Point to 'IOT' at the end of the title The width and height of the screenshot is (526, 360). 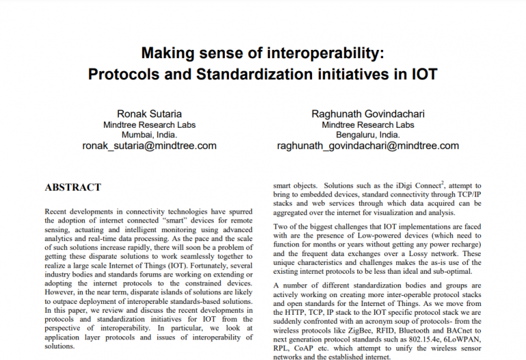(x=423, y=72)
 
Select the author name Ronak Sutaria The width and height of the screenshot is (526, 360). (x=149, y=114)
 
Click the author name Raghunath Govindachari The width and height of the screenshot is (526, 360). (x=368, y=114)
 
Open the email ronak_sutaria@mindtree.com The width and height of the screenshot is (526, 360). (x=149, y=146)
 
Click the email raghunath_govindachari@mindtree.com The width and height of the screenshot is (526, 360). (x=368, y=146)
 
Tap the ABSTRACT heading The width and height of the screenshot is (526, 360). (x=72, y=187)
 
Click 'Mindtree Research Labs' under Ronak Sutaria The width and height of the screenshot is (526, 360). (x=149, y=125)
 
